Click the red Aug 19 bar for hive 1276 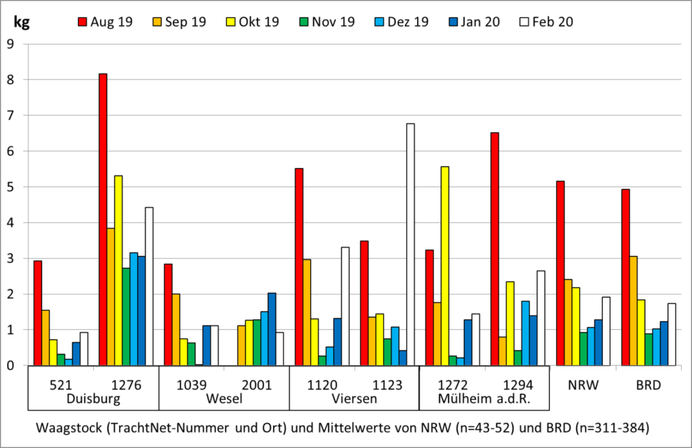point(103,220)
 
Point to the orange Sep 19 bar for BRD point(633,311)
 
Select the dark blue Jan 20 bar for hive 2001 point(272,329)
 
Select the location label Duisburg point(93,399)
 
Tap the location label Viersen point(354,399)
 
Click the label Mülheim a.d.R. point(485,399)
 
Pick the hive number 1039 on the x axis point(191,385)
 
